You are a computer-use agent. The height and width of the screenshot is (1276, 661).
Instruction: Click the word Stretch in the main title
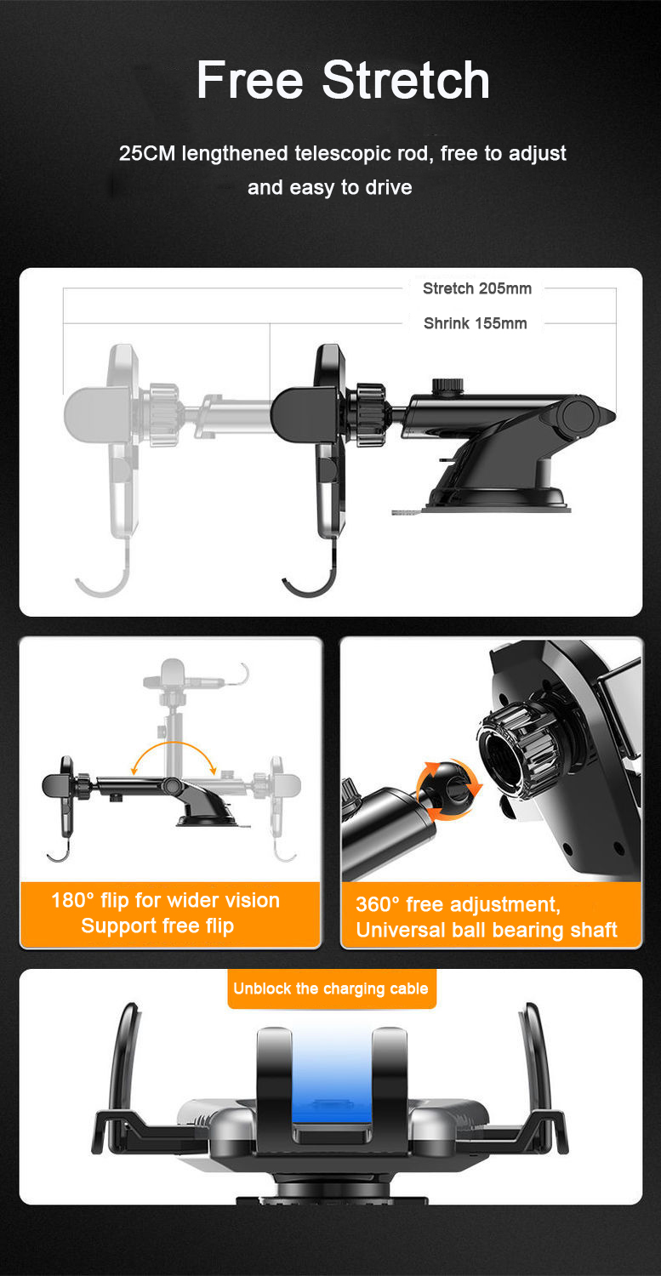406,81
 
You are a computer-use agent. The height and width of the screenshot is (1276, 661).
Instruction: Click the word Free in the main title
249,81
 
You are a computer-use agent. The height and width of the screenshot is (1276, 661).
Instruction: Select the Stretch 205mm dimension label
476,288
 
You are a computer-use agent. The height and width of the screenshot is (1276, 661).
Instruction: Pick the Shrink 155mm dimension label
475,323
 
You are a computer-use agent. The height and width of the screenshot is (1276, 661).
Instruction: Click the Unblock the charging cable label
331,989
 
